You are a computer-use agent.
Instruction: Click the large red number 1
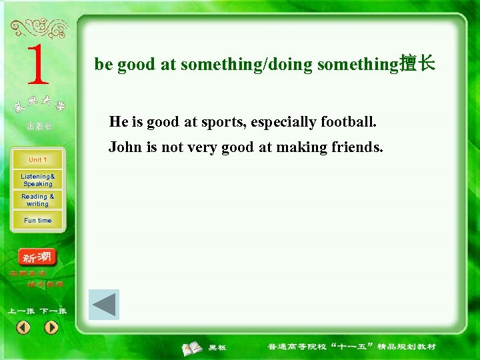(x=37, y=66)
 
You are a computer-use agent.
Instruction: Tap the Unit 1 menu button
(x=38, y=160)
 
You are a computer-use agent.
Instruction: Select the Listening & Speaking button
(x=38, y=180)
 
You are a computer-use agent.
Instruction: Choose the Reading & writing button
(x=38, y=200)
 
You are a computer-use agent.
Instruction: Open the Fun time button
(x=38, y=220)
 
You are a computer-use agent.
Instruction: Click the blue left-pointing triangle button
(x=103, y=305)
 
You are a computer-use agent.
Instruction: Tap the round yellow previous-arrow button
(x=23, y=327)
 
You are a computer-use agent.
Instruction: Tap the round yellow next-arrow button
(x=51, y=327)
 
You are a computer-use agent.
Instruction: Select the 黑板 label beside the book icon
(x=217, y=347)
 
